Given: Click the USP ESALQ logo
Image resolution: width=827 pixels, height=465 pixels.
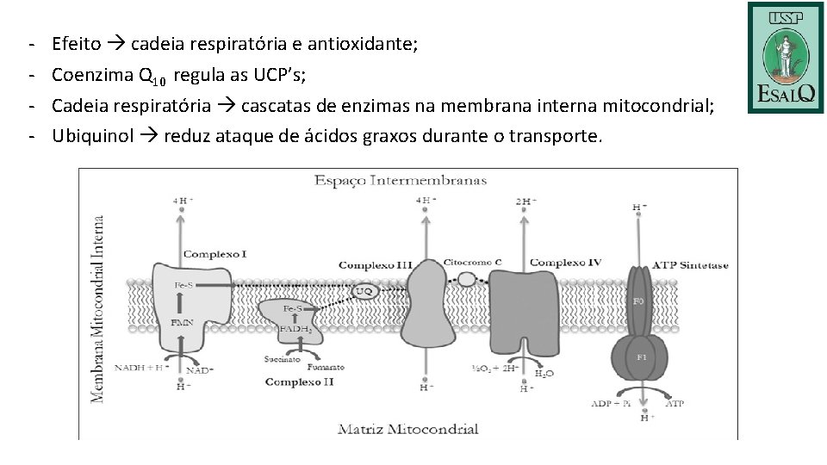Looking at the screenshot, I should point(785,57).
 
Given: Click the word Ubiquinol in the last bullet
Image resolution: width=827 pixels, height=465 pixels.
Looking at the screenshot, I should point(92,136).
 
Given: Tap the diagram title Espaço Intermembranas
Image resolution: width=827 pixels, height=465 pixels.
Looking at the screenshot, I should point(401,181).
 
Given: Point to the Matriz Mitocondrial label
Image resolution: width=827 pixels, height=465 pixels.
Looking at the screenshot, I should point(407,428).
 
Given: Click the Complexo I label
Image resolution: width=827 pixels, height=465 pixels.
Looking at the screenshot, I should point(215,254).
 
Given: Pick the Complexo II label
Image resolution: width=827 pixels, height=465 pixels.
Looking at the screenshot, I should point(299,381).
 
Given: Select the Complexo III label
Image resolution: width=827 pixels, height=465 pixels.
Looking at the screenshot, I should point(375,264).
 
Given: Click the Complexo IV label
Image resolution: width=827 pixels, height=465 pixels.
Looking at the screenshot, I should point(565,263).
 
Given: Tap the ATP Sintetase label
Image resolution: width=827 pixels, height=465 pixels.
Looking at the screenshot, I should point(691,265).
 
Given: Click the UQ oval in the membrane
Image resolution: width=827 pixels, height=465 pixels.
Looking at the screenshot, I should point(364,292).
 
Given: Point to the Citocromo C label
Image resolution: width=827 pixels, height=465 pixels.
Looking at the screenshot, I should point(472,262).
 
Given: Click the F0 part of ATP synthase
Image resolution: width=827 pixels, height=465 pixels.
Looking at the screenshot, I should point(639,301).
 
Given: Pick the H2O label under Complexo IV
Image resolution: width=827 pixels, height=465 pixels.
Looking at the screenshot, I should point(544,374).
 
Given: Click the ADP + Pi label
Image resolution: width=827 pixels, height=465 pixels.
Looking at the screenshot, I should point(611,402).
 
